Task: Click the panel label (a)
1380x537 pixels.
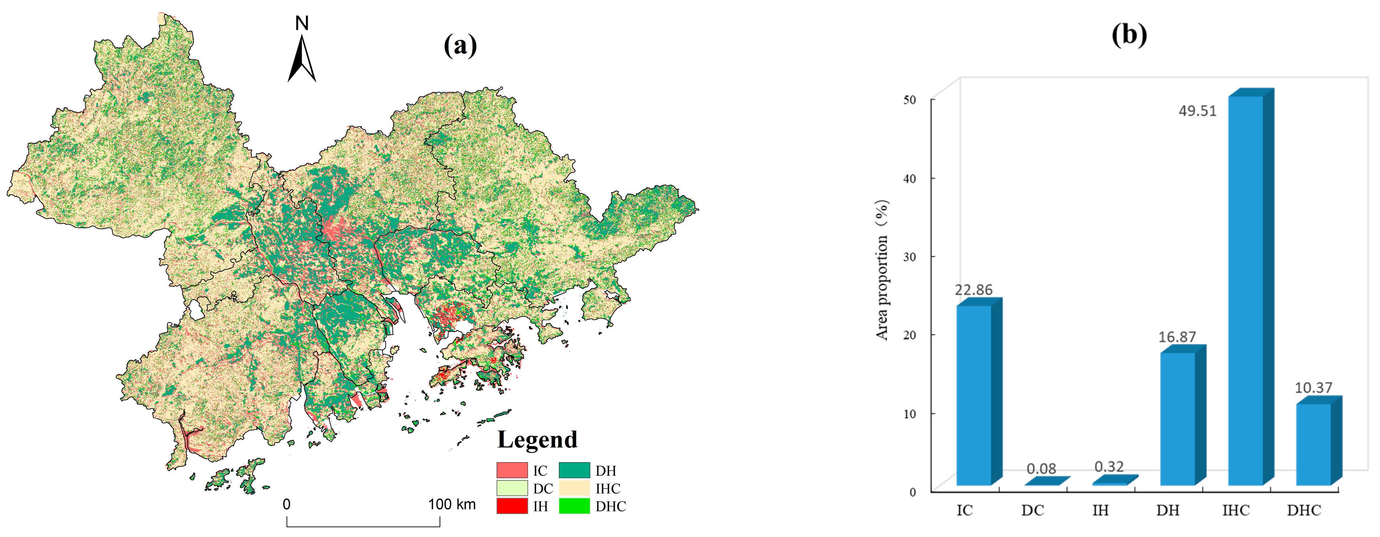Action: tap(460, 45)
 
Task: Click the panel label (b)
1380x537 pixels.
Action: tap(1129, 35)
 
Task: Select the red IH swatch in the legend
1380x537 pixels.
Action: tap(512, 506)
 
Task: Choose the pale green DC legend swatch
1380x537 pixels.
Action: tap(512, 488)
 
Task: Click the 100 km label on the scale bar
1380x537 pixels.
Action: tap(452, 504)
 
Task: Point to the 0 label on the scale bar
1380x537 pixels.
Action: tap(286, 504)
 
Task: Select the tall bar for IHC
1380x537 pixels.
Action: tap(1246, 289)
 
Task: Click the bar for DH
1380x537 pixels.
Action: tap(1178, 418)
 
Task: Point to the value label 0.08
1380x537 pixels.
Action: tap(1041, 469)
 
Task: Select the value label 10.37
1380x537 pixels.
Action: tap(1313, 387)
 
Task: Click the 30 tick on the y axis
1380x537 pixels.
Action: tap(909, 257)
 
